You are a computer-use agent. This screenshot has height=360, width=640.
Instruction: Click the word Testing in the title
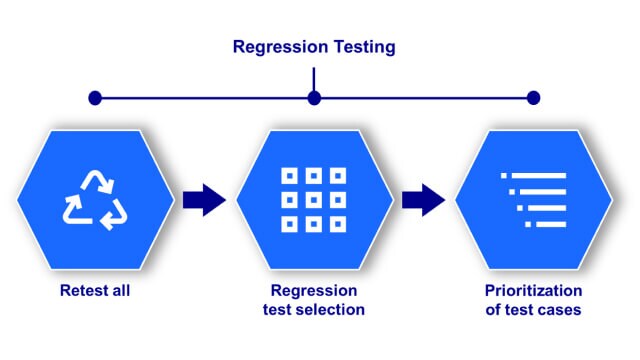(x=363, y=46)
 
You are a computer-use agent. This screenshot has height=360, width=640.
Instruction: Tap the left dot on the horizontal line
(x=95, y=98)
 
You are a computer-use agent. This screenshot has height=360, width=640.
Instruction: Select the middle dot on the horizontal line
(x=314, y=98)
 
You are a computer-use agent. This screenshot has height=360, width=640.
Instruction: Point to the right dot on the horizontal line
(x=533, y=98)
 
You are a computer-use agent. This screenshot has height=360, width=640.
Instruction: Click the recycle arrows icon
(x=95, y=198)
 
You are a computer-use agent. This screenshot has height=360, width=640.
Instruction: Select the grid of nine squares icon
(x=314, y=199)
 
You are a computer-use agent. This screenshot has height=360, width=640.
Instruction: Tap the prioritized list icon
(x=533, y=199)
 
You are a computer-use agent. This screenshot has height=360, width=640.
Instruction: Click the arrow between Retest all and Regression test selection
(x=204, y=199)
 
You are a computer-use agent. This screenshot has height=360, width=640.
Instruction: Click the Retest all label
(x=94, y=292)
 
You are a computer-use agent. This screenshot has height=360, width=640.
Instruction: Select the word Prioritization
(x=533, y=292)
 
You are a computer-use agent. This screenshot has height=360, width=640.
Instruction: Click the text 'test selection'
(x=314, y=310)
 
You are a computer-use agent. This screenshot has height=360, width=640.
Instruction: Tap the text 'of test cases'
(x=533, y=310)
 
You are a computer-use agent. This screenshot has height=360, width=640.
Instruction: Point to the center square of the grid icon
(x=314, y=199)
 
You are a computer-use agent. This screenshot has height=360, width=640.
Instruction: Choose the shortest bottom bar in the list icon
(x=546, y=223)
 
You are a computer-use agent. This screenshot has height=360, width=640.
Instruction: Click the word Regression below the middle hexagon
(x=314, y=292)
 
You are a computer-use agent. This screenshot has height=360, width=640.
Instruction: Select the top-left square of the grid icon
(x=290, y=175)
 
